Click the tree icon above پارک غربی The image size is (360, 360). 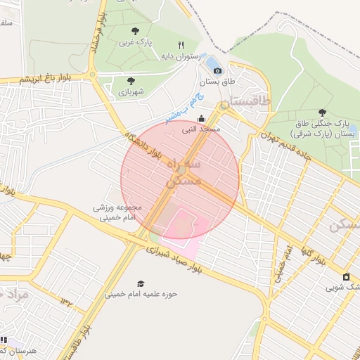point(135,31)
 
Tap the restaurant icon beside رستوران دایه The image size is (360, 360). point(181,44)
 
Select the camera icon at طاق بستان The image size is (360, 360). point(217,70)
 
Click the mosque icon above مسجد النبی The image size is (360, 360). point(202,118)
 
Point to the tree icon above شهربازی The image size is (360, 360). point(131,80)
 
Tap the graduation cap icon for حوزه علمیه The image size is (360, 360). point(141,283)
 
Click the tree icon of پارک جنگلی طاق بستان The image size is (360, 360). point(322,112)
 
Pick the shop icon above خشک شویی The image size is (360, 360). point(346,276)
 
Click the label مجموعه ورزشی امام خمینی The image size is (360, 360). point(118,213)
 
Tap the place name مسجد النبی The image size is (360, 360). point(202,129)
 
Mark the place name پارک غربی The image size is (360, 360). point(134,42)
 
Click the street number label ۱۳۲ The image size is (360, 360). point(67,302)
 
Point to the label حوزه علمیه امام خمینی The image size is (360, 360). point(141,294)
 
